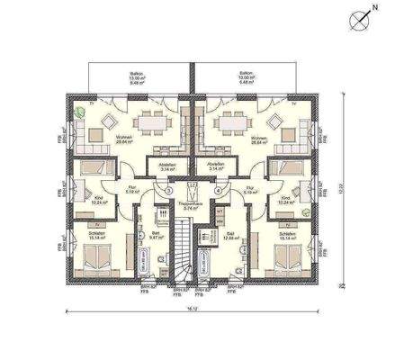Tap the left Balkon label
tap(137, 79)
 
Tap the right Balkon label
tap(245, 79)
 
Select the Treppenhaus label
tap(191, 203)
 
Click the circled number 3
tap(167, 191)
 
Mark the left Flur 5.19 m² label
tap(131, 190)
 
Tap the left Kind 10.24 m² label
tap(99, 201)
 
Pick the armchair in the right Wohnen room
tap(274, 120)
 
